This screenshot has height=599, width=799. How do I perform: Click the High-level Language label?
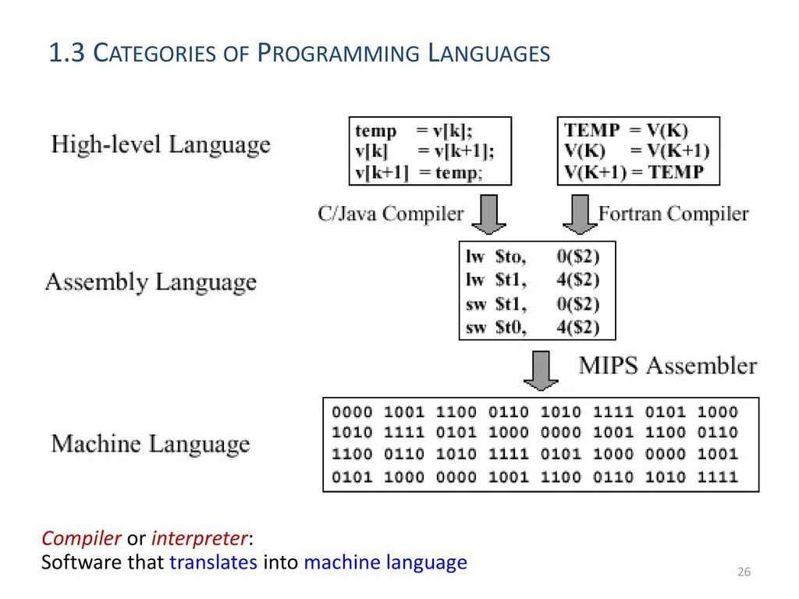click(x=161, y=145)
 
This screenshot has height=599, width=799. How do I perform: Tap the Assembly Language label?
click(x=151, y=282)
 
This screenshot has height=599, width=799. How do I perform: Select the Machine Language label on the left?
click(x=151, y=445)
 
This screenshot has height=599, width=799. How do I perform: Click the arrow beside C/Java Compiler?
click(x=489, y=214)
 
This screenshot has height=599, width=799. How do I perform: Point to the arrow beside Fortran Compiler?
click(x=580, y=214)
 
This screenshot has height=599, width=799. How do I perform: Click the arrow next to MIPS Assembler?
click(x=541, y=370)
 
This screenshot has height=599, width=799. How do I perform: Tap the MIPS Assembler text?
click(x=667, y=366)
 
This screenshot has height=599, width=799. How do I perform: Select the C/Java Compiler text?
click(x=390, y=214)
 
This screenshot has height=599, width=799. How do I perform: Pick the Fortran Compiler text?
click(x=673, y=214)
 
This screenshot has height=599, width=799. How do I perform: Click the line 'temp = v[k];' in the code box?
click(x=414, y=130)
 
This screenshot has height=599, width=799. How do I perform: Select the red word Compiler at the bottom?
click(x=81, y=538)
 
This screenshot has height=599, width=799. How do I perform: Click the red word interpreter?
click(x=200, y=538)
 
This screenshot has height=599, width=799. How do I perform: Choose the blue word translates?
click(x=213, y=562)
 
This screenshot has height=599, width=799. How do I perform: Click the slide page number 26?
click(x=744, y=572)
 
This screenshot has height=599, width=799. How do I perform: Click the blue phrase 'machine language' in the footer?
click(x=385, y=562)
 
